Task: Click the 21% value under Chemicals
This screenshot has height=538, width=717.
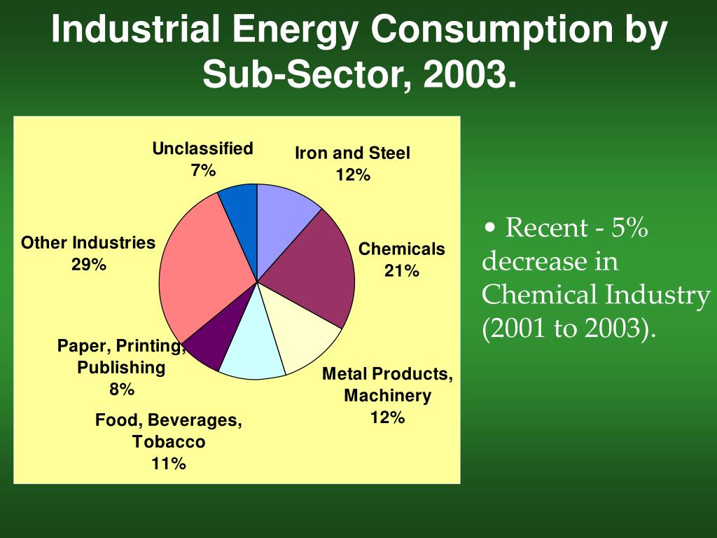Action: click(x=401, y=271)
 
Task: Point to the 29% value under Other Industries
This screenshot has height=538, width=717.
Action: click(x=88, y=265)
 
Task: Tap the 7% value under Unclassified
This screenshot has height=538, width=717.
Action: click(x=203, y=171)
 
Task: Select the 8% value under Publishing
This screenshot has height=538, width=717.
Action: click(x=121, y=389)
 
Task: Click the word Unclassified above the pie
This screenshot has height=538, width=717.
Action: click(x=202, y=149)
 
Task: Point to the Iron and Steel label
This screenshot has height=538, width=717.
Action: click(x=352, y=153)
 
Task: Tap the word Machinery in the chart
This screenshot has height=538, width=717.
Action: click(x=387, y=396)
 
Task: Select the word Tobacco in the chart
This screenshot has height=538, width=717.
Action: click(x=169, y=442)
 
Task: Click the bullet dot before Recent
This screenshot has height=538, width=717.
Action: click(x=490, y=229)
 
